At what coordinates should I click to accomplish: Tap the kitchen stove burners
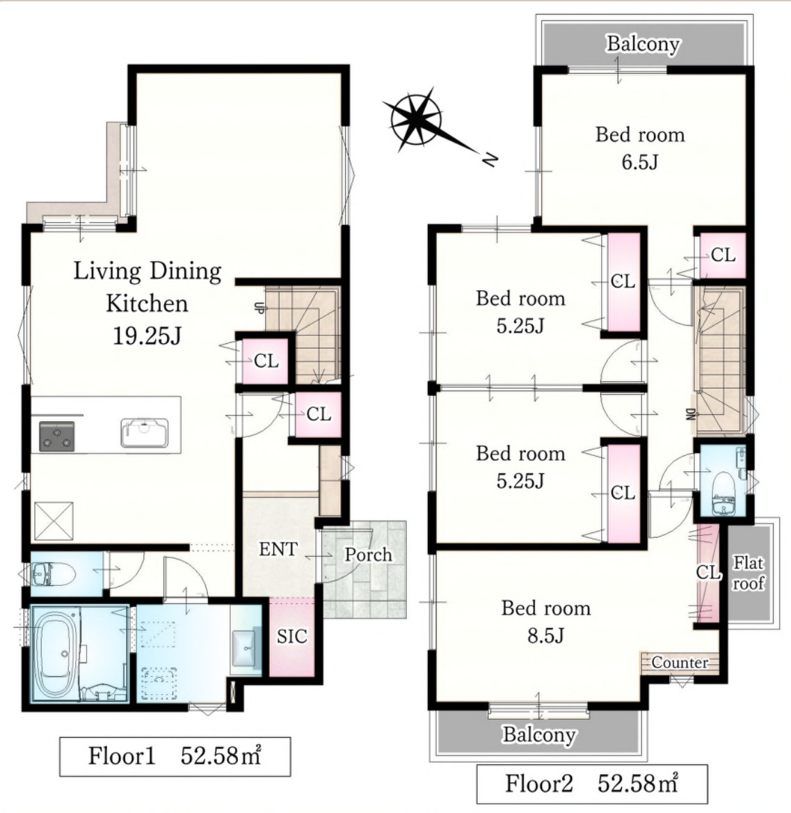pos(57,436)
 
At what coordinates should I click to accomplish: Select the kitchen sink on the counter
pos(145,432)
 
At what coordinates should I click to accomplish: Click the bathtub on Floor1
pos(56,654)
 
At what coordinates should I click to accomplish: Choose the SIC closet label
pos(291,636)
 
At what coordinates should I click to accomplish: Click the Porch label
pos(369,555)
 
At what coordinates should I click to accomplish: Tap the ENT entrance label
pos(278,549)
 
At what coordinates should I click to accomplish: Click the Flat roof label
pos(749,573)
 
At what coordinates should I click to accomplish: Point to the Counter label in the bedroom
pos(680,662)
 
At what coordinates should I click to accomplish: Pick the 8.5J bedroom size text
pos(546,636)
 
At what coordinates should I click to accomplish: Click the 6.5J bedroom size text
pos(639,162)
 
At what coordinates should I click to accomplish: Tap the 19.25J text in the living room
pos(147,336)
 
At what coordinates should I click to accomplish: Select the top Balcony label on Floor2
pos(643,44)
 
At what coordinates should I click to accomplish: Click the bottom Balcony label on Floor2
pos(539,735)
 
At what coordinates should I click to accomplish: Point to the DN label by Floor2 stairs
pos(690,413)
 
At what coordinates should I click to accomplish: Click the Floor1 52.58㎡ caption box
pos(175,757)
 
